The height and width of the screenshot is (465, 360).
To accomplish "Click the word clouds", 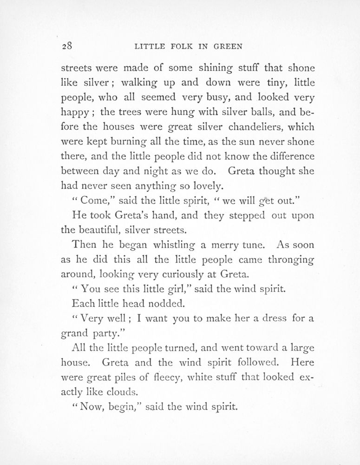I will point(125,392).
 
